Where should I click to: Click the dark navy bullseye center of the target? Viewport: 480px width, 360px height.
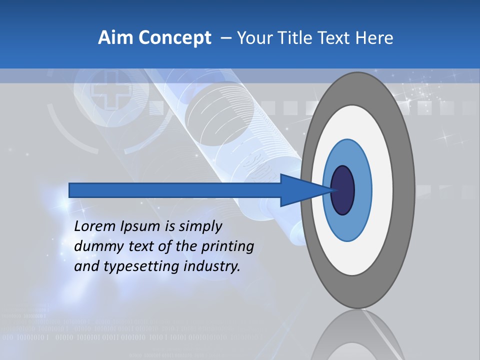pyautogui.click(x=343, y=190)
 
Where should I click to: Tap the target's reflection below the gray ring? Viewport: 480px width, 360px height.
pyautogui.click(x=357, y=335)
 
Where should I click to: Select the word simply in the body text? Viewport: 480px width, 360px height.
pyautogui.click(x=200, y=227)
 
